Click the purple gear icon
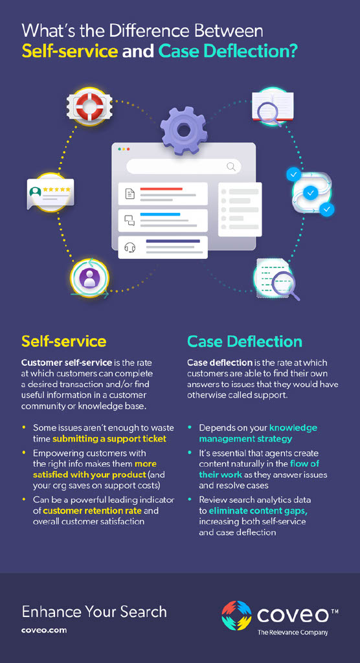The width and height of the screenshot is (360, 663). click(x=183, y=130)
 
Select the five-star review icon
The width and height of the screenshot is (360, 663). click(x=51, y=192)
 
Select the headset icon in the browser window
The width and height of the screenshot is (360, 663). click(x=130, y=247)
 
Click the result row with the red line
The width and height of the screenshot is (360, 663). click(x=163, y=194)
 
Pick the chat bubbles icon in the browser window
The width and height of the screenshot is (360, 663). click(x=130, y=220)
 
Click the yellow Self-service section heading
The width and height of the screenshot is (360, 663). click(x=63, y=341)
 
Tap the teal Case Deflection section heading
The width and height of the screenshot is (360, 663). click(x=244, y=341)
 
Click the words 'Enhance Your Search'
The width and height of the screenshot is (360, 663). click(x=94, y=612)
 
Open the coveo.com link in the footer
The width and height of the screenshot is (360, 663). click(x=44, y=630)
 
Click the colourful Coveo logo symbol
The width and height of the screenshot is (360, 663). click(x=236, y=615)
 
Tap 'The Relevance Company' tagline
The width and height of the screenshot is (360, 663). click(x=293, y=633)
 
